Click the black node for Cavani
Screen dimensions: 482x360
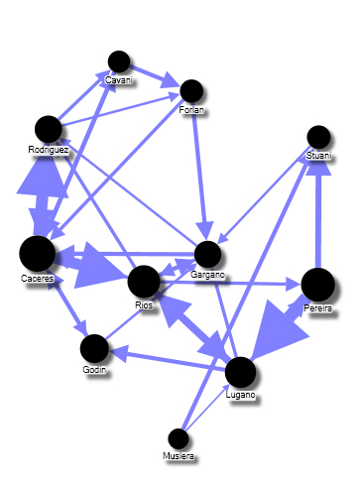pyautogui.click(x=119, y=61)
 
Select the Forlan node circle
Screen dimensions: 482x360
pyautogui.click(x=191, y=91)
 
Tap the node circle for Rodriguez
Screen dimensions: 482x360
pyautogui.click(x=48, y=129)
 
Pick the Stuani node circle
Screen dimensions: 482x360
pyautogui.click(x=318, y=137)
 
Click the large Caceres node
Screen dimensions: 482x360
pyautogui.click(x=38, y=254)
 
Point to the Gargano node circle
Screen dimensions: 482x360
pyautogui.click(x=207, y=254)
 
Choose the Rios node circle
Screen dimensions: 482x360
pyautogui.click(x=144, y=281)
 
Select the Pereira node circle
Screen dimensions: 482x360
pyautogui.click(x=317, y=285)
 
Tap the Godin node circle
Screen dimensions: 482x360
pyautogui.click(x=93, y=348)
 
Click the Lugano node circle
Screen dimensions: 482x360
pyautogui.click(x=241, y=372)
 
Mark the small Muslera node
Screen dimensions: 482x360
pyautogui.click(x=179, y=437)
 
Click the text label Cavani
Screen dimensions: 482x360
pyautogui.click(x=120, y=78)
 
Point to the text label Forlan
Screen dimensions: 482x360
pyautogui.click(x=191, y=109)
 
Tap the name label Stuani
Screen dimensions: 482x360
pyautogui.click(x=318, y=156)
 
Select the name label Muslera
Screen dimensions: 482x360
pyautogui.click(x=179, y=456)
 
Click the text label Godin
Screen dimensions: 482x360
pyautogui.click(x=93, y=369)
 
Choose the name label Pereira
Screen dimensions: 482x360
pyautogui.click(x=318, y=309)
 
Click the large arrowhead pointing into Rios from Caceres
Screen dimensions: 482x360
pyautogui.click(x=107, y=267)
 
